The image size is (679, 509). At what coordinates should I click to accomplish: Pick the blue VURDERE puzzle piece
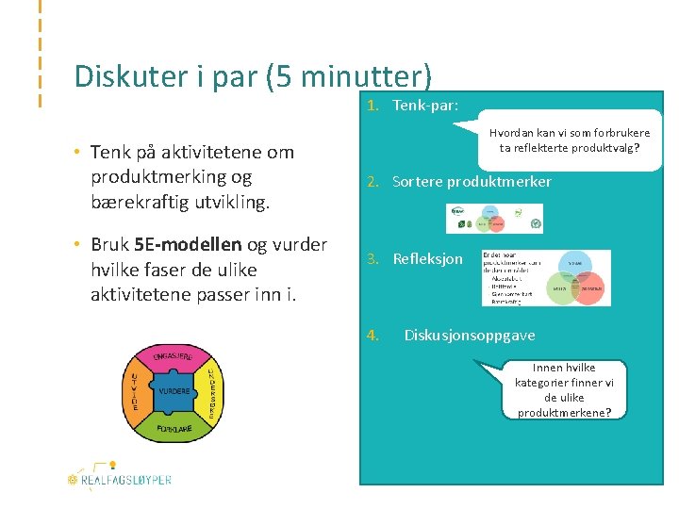174,391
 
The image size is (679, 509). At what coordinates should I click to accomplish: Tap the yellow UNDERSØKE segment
212,392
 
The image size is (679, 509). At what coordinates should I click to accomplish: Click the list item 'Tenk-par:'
425,106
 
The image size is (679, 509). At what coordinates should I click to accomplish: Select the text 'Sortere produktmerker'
472,181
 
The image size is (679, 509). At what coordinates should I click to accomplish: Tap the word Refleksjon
428,258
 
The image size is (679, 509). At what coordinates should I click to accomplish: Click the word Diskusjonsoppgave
470,335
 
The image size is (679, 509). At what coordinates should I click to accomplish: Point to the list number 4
373,335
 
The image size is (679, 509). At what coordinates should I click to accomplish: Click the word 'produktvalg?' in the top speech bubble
609,148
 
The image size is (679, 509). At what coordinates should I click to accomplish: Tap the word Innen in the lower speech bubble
550,368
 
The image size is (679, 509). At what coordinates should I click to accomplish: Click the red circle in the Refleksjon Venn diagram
588,288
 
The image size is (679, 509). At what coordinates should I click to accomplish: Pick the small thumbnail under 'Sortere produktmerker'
494,219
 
